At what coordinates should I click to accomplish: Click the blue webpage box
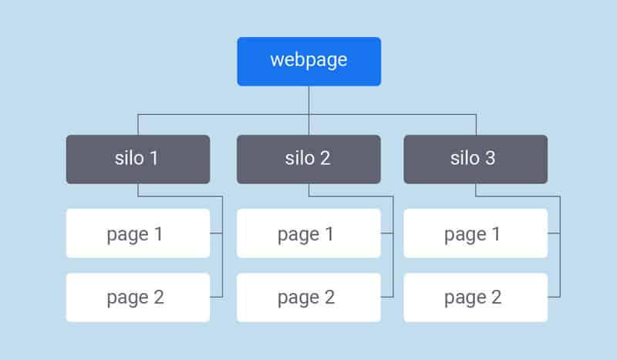[x=308, y=61]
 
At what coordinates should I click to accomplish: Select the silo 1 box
[x=138, y=159]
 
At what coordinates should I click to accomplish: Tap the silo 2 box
[x=308, y=159]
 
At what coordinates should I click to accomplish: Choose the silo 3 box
[x=476, y=159]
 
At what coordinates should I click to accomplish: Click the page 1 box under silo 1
[x=138, y=234]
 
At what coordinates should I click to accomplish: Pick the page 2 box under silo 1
[x=138, y=297]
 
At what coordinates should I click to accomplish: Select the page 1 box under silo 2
[x=308, y=234]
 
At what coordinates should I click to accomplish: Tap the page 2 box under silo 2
[x=308, y=297]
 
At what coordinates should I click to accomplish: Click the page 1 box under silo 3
[x=476, y=234]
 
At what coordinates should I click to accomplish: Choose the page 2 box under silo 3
[x=476, y=297]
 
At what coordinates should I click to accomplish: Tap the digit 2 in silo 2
[x=325, y=159]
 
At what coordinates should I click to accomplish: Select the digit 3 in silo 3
[x=491, y=159]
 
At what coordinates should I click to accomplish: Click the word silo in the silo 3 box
[x=465, y=159]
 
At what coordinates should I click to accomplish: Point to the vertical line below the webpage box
[x=308, y=100]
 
